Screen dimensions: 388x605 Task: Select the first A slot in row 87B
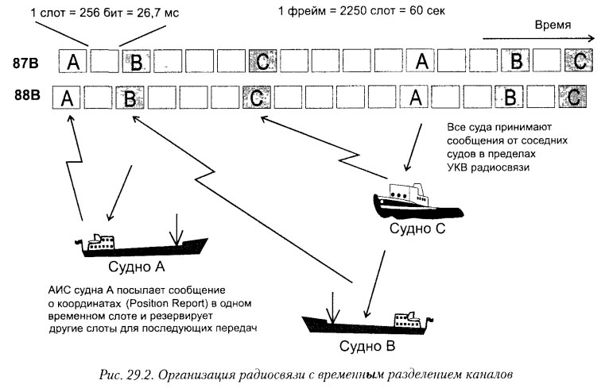[x=73, y=61]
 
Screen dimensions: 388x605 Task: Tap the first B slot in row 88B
[x=128, y=98]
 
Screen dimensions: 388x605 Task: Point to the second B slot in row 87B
[x=516, y=60]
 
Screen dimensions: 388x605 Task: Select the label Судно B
[x=367, y=347]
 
